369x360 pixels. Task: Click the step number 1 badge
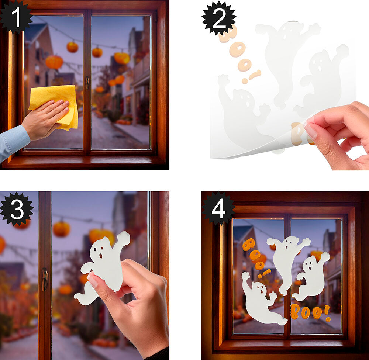15,17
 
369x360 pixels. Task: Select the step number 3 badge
17,209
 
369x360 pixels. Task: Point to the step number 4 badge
218,208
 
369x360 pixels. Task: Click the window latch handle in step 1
87,83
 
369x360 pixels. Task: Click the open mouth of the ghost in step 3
100,256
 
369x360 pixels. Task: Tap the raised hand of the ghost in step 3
124,238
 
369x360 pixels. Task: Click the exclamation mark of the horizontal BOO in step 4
327,313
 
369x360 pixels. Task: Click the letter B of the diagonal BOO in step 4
248,244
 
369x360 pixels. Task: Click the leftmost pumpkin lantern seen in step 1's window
54,62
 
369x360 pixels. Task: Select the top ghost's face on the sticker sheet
289,33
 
